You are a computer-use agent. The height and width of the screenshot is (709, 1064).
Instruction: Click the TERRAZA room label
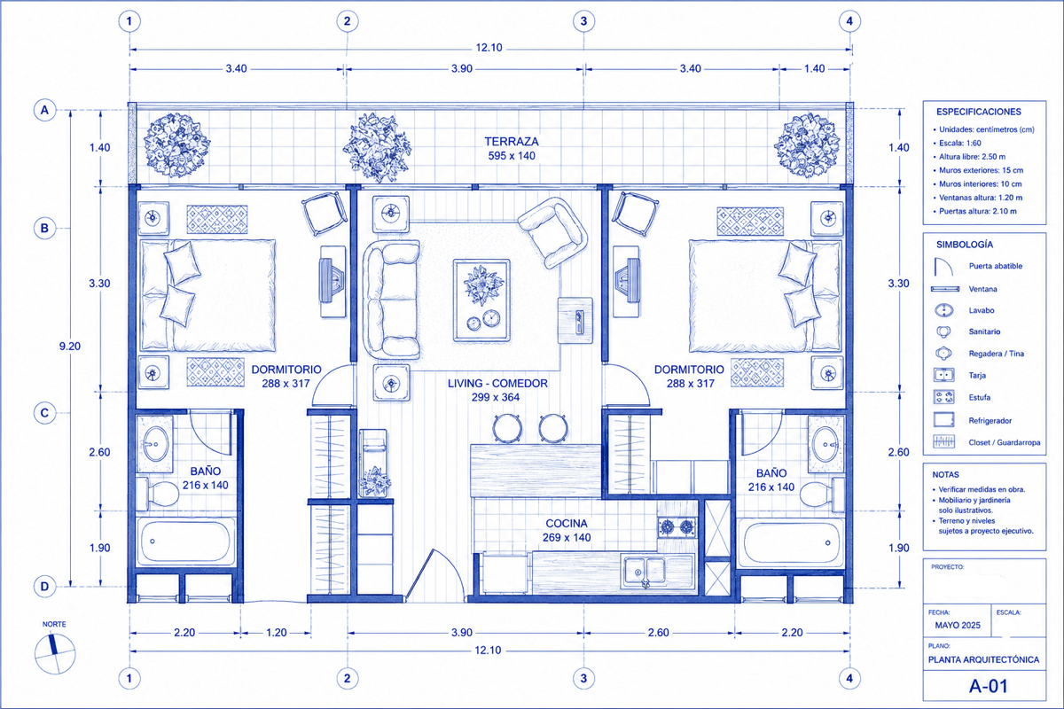(x=511, y=142)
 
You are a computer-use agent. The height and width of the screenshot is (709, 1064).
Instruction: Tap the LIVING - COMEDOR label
(x=497, y=383)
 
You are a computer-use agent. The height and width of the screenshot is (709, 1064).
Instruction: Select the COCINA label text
(x=567, y=523)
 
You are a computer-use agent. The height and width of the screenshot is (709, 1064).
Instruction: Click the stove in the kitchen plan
(x=677, y=526)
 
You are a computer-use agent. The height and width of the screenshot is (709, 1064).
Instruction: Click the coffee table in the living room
(x=481, y=300)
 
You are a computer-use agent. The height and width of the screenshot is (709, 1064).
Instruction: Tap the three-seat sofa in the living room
(x=392, y=300)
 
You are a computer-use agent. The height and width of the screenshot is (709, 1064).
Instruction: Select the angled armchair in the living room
(x=553, y=232)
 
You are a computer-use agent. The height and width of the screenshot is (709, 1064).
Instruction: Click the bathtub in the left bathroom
(x=185, y=541)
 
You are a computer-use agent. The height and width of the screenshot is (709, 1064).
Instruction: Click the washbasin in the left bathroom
(x=155, y=444)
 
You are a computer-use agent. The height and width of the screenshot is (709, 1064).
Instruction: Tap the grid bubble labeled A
(x=44, y=110)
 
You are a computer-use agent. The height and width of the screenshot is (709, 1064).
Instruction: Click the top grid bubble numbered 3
(x=583, y=21)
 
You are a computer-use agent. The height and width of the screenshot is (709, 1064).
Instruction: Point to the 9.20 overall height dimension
(x=70, y=347)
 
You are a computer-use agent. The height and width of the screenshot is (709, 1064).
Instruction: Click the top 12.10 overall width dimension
(x=489, y=48)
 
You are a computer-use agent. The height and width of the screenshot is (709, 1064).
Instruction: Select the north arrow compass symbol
(x=55, y=653)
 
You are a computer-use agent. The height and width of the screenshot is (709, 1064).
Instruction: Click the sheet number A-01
(x=989, y=686)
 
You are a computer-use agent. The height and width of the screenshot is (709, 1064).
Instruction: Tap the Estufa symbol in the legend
(x=943, y=397)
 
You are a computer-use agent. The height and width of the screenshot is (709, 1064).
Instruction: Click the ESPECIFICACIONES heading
(x=979, y=112)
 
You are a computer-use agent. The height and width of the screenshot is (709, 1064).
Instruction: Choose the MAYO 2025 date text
(x=958, y=626)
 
